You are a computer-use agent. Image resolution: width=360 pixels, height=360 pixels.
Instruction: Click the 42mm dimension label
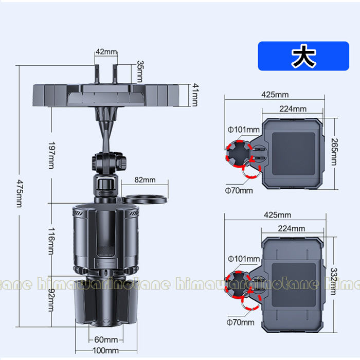(106, 52)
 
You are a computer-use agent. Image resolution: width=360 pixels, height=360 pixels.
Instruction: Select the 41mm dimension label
(194, 95)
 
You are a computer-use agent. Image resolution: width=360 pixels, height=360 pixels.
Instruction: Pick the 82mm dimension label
(145, 179)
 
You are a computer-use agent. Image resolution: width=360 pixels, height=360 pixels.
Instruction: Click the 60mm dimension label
(106, 339)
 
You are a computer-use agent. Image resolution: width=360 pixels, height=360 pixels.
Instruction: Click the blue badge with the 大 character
(303, 56)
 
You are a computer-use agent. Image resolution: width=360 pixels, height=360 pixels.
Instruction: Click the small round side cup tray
(147, 197)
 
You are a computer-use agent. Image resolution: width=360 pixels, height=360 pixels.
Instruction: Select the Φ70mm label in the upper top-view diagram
(241, 191)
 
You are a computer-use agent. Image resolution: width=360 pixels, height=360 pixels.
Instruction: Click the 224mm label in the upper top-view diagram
(293, 109)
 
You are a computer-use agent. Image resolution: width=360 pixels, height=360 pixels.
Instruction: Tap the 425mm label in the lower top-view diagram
(275, 214)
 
